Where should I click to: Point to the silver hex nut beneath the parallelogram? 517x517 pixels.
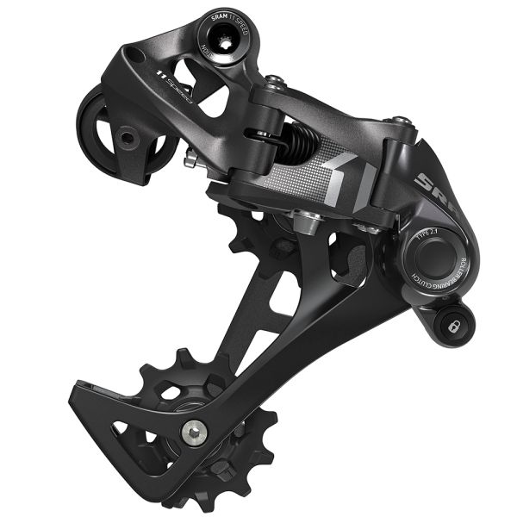[307, 224]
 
